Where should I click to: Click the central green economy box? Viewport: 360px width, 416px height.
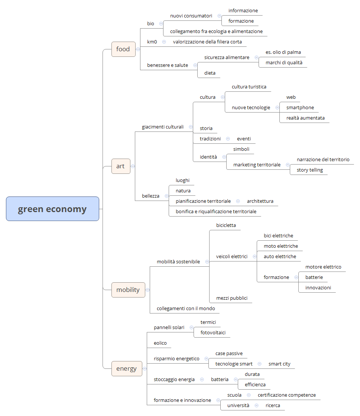[52, 209]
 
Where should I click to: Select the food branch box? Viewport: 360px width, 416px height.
[123, 49]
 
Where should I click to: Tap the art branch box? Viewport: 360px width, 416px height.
[120, 166]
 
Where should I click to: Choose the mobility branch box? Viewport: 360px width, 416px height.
[128, 290]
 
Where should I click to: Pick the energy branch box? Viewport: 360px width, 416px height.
[126, 368]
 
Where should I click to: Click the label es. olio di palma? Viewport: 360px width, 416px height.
[283, 52]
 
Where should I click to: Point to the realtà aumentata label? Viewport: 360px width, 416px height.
[305, 118]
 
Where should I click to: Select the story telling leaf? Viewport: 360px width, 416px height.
[309, 170]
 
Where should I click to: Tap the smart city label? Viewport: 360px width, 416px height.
[279, 364]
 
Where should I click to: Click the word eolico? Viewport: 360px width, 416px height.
[160, 343]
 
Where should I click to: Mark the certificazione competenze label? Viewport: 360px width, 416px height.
[286, 395]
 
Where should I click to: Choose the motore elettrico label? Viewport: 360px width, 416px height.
[323, 267]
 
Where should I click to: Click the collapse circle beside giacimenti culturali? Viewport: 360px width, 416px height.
[191, 127]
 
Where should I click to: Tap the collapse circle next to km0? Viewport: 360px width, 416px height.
[164, 42]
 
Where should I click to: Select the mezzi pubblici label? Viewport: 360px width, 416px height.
[231, 298]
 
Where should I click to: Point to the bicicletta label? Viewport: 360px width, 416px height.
[226, 225]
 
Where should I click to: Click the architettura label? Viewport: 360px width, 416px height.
[260, 201]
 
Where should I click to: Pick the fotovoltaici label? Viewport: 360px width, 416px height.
[213, 333]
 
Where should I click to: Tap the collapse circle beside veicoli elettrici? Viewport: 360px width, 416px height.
[254, 256]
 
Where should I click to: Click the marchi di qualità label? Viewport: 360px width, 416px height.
[284, 63]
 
